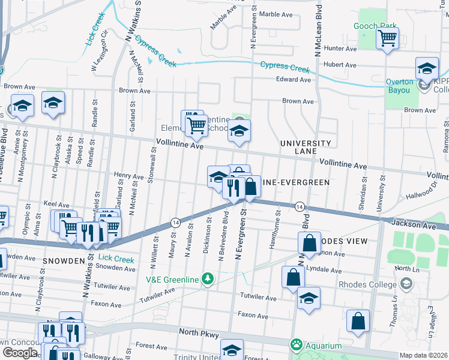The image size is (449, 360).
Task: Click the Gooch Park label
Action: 376,26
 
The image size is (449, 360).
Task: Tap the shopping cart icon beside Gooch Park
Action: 387,38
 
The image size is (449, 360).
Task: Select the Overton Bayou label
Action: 400,86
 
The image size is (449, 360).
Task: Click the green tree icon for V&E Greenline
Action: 208,278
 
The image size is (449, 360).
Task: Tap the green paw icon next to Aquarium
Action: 296,345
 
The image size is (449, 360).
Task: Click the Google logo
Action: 20,352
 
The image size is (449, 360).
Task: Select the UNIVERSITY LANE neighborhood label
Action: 306,148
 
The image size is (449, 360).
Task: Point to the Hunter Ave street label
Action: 340,49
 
